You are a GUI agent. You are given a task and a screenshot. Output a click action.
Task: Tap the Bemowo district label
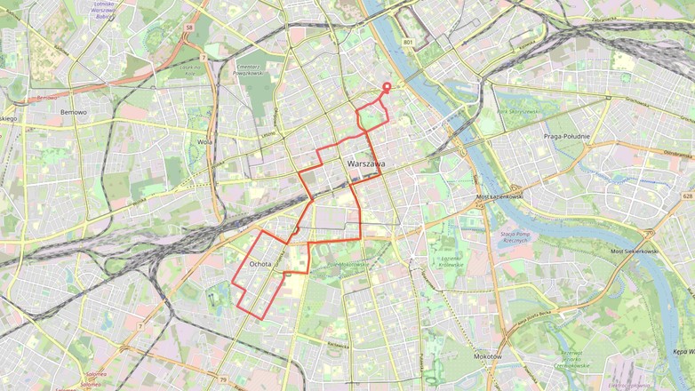(73, 113)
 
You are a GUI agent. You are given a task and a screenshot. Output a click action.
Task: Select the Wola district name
(205, 140)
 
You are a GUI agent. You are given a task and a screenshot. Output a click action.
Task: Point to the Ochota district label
(260, 264)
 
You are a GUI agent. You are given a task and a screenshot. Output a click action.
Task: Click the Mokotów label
(487, 355)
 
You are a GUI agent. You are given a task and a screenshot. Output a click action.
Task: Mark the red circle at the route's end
(387, 86)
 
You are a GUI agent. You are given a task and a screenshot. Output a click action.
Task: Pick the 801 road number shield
(408, 42)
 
